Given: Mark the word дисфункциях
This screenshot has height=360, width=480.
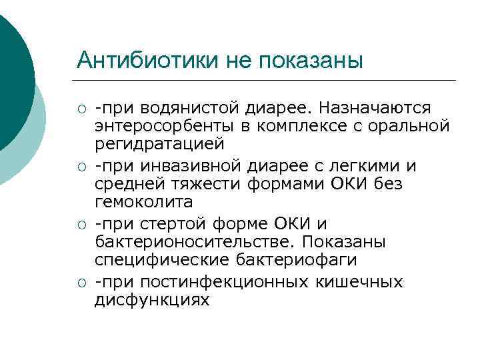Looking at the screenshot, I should click(152, 300).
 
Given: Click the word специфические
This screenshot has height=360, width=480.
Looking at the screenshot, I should click(151, 259).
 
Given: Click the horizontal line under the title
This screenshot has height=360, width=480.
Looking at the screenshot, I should click(267, 81).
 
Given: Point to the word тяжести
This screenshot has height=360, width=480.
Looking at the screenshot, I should click(211, 184).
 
